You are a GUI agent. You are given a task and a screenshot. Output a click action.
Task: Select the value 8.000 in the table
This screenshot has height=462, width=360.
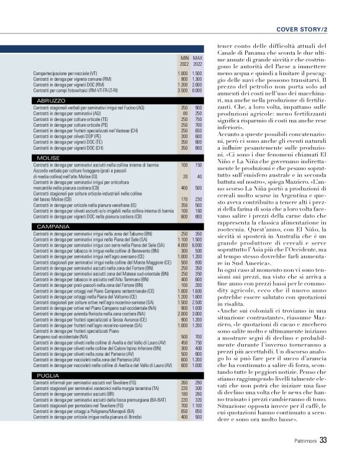[x=198, y=91]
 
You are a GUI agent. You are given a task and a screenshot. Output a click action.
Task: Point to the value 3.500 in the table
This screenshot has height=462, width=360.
[x=182, y=91]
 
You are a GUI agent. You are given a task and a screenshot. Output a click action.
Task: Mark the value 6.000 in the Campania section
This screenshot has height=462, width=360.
[x=198, y=245]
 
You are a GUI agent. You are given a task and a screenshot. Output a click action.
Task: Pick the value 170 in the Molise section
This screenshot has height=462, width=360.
[x=184, y=199]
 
